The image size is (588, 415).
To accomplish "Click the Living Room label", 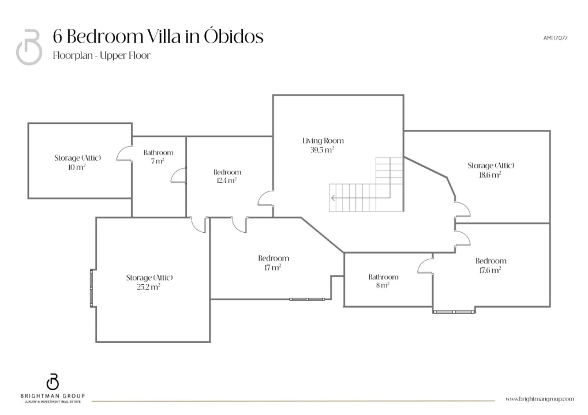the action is coord(323,141).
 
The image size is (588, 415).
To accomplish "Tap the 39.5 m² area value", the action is coord(322,150).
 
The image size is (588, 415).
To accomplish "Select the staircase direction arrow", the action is coord(360,198).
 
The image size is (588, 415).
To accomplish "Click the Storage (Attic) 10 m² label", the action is coord(78,163).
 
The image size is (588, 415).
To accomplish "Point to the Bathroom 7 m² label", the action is coord(158,157).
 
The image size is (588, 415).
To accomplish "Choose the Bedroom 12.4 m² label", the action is coord(227,176).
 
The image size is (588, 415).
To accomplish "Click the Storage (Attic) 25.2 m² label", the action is coord(149,282).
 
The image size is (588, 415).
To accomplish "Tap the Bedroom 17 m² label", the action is coord(273,263).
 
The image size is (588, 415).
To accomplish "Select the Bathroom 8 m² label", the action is coord(383,281).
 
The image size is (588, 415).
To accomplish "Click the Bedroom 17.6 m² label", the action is coord(490,265).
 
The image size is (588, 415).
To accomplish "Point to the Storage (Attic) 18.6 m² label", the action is coord(490,170).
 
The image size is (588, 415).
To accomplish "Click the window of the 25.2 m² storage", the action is coord(92,288).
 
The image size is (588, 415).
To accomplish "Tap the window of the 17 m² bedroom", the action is coord(307,299).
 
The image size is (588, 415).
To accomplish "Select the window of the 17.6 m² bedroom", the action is coord(454,312).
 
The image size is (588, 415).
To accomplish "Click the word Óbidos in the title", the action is coord(234,36).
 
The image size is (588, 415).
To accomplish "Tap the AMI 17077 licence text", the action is coord(555,38).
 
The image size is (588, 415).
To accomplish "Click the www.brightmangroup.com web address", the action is coord(540,399).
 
